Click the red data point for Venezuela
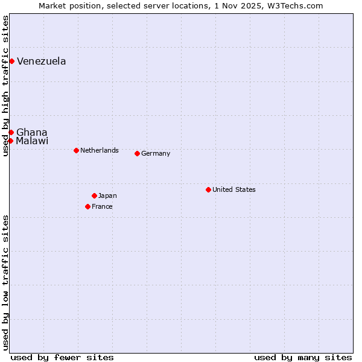(11, 61)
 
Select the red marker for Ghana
(11, 132)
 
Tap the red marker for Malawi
(10, 141)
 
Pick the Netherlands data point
(76, 150)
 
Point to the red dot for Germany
(137, 153)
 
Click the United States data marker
(208, 189)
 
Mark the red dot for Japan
(94, 195)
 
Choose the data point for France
(87, 206)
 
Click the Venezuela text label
(41, 61)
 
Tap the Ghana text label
(31, 132)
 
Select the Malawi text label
(32, 141)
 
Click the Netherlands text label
(100, 150)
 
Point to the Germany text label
(156, 153)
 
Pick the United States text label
(234, 189)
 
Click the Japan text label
(107, 195)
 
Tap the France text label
(102, 206)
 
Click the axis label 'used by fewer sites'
(62, 357)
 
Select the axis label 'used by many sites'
(303, 357)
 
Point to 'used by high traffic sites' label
(5, 86)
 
